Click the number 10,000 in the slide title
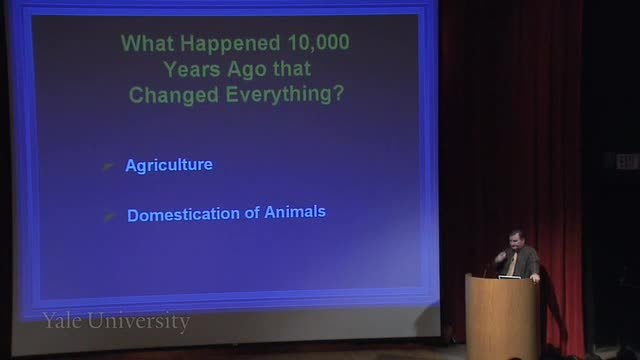tap(318, 42)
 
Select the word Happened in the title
tap(230, 43)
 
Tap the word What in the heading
tap(147, 43)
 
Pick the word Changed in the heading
tap(174, 95)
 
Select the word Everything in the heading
tap(279, 95)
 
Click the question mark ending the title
tap(338, 94)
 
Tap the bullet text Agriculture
tap(169, 165)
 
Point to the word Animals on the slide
tap(295, 212)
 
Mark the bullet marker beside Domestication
tap(109, 216)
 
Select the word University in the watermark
tap(139, 322)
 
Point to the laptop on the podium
tap(509, 277)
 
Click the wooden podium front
tap(501, 317)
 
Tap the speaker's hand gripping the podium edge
tap(534, 278)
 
